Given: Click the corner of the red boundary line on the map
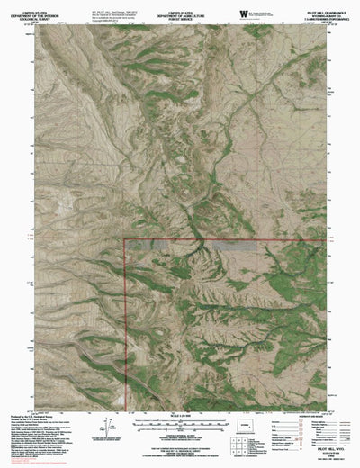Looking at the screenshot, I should [x=124, y=240].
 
